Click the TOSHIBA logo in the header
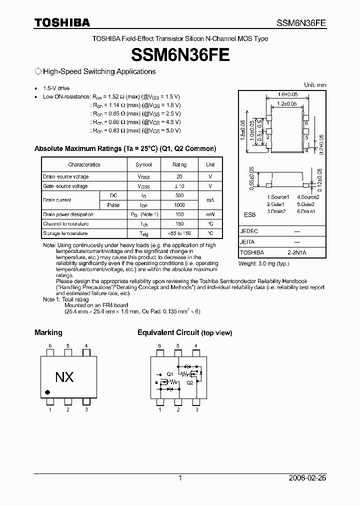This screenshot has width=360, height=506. (x=62, y=22)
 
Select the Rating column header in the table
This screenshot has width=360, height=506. (x=179, y=164)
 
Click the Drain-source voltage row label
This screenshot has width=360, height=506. (x=66, y=176)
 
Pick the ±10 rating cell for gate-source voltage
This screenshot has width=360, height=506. (x=179, y=186)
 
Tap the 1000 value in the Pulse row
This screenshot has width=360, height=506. (x=179, y=205)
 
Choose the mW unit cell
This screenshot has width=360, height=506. (x=210, y=214)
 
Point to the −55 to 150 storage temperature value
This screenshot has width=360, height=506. (x=179, y=233)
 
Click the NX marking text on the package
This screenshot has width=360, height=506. (x=64, y=377)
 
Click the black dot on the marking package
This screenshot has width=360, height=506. (x=47, y=392)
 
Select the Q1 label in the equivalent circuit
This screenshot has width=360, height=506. (x=170, y=374)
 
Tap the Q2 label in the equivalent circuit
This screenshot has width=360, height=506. (x=190, y=382)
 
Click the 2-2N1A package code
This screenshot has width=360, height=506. (x=296, y=253)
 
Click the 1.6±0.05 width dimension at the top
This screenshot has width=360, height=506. (x=287, y=94)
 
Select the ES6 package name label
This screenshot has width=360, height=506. (x=249, y=214)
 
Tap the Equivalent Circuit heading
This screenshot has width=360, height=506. (x=168, y=332)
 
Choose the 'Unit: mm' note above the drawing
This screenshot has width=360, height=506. (x=315, y=85)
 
